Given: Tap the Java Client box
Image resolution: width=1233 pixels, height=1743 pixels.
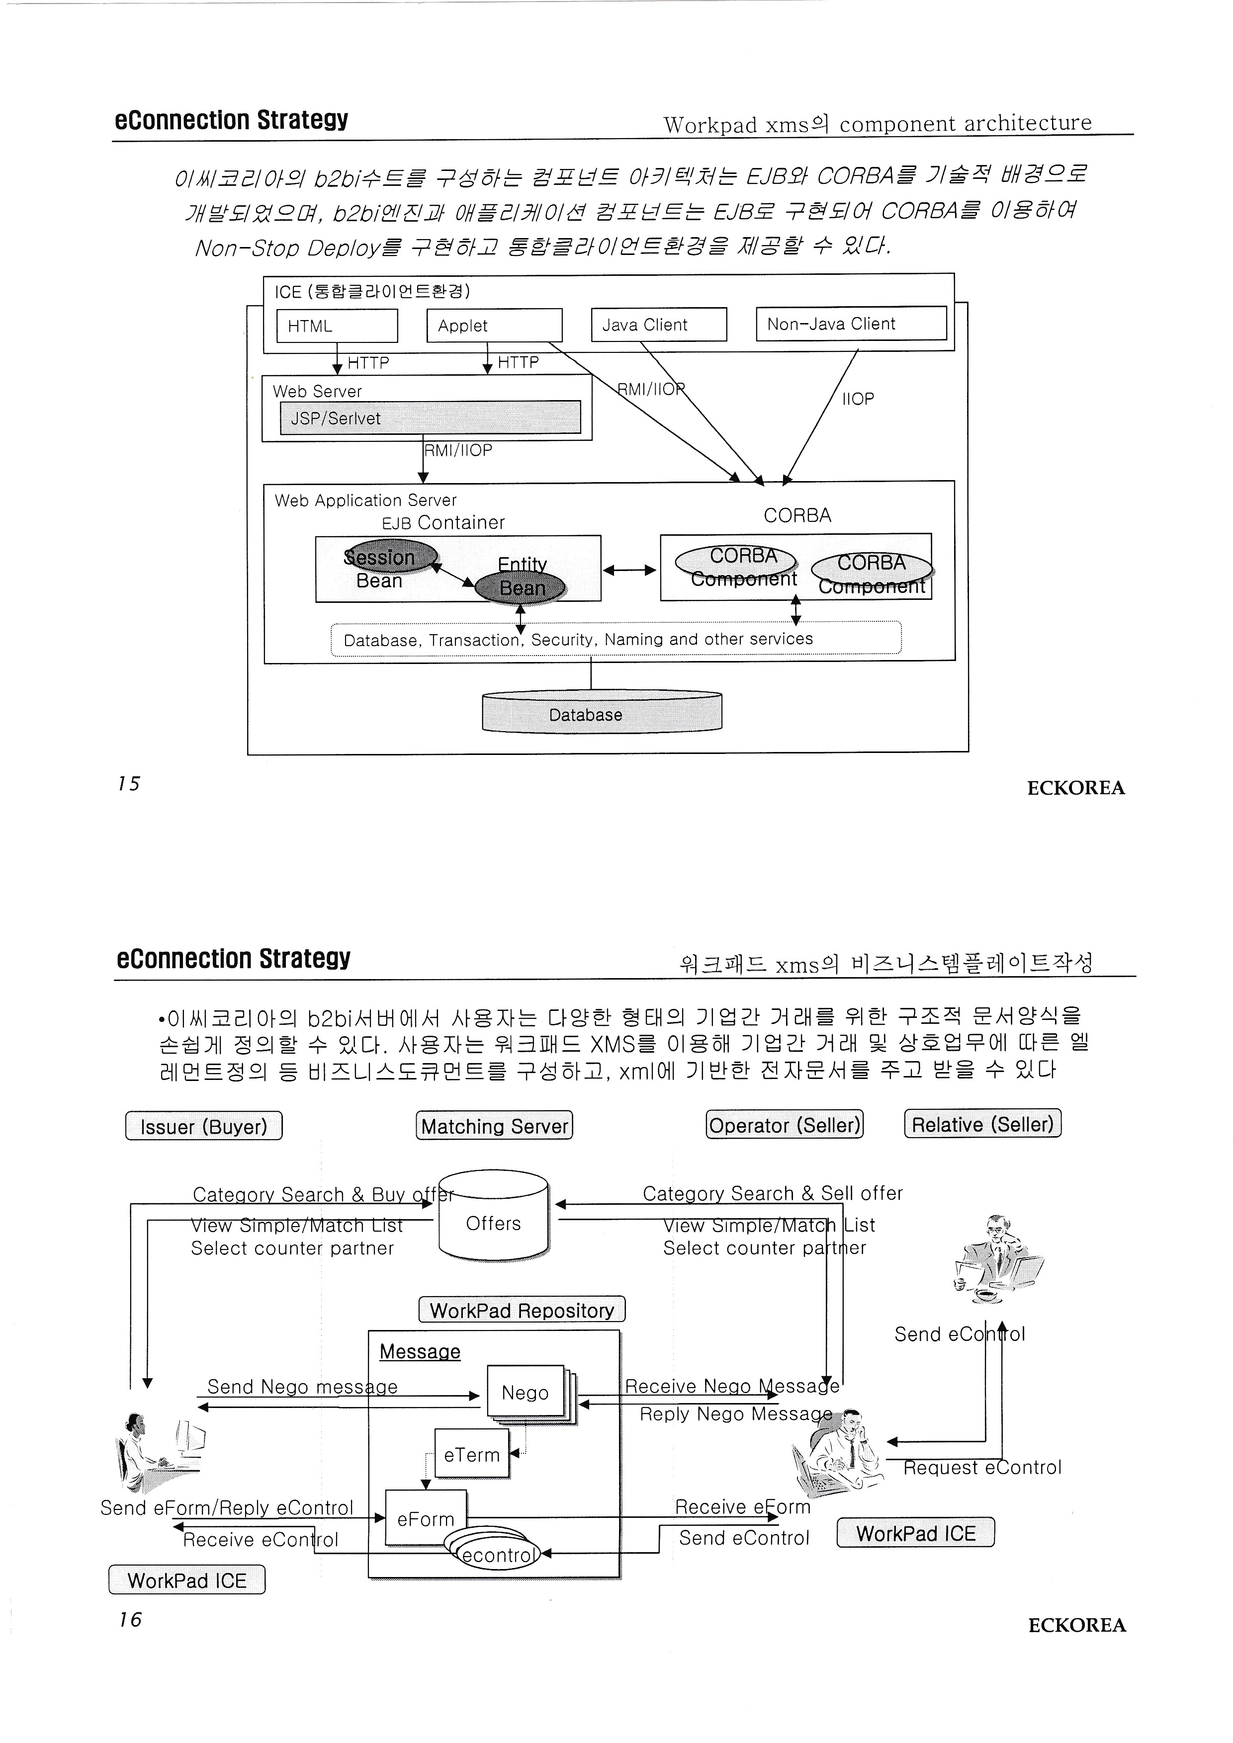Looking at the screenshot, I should [659, 325].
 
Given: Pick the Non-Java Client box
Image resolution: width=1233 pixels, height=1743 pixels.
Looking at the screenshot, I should [851, 324].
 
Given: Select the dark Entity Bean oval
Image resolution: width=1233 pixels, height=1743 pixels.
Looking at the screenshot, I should [521, 587].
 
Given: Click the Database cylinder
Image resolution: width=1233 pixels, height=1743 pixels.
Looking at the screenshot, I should [601, 714].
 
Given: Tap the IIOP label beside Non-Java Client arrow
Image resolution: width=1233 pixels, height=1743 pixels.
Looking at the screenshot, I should [858, 399].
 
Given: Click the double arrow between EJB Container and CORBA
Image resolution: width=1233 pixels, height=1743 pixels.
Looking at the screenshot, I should [629, 570].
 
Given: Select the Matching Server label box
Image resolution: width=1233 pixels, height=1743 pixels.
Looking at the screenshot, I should [494, 1126].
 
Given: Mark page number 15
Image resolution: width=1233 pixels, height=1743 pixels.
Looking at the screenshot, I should [129, 783].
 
